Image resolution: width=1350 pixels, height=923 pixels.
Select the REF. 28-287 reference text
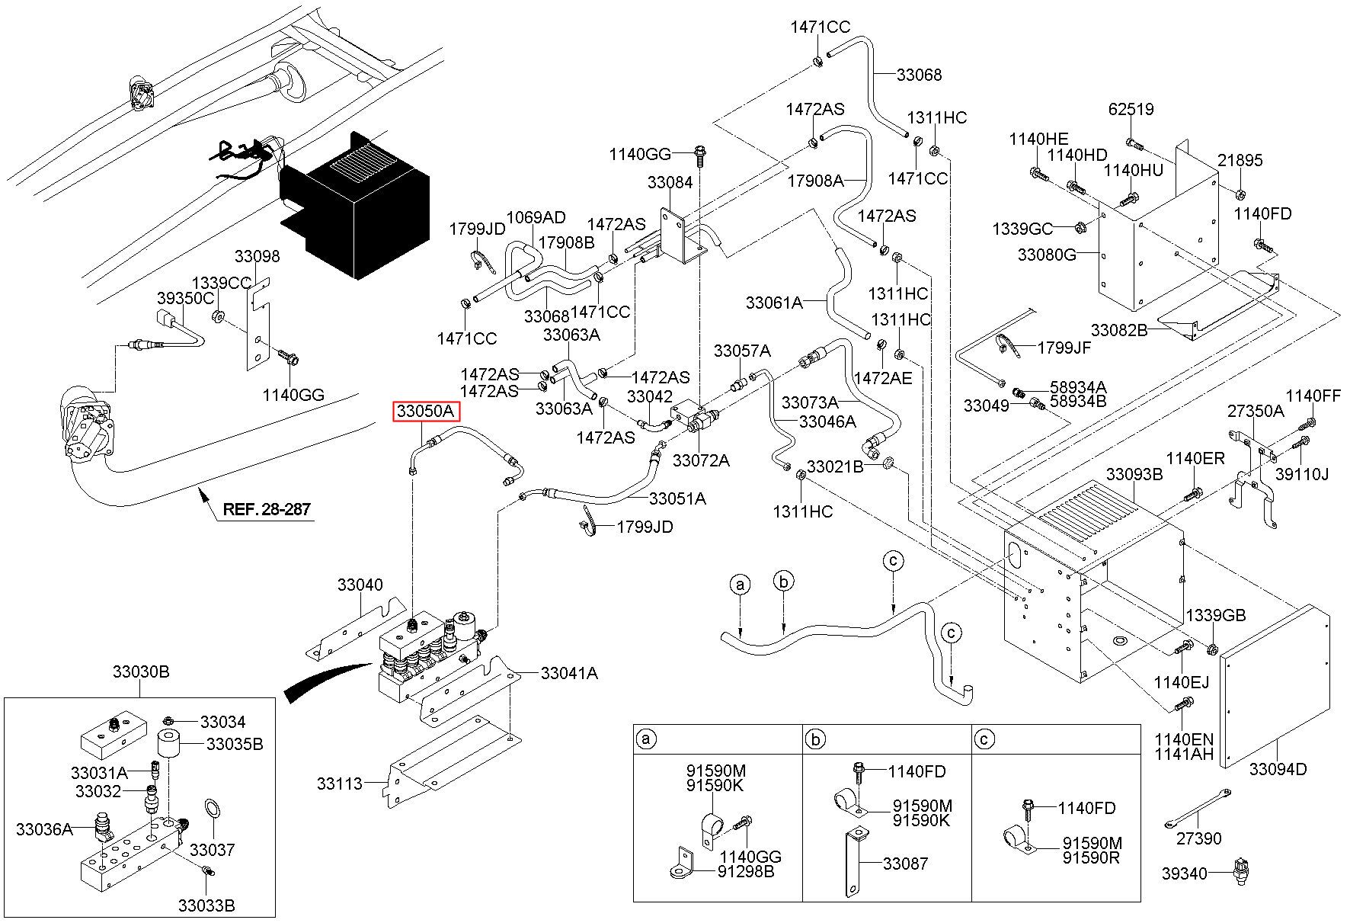pyautogui.click(x=267, y=509)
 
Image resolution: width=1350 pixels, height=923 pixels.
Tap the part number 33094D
pyautogui.click(x=1278, y=770)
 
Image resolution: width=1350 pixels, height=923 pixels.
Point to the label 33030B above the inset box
pyautogui.click(x=141, y=672)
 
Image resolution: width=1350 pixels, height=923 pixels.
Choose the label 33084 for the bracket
pyautogui.click(x=670, y=183)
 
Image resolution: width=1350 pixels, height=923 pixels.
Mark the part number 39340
pyautogui.click(x=1185, y=873)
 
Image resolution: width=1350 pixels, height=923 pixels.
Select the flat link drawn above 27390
pyautogui.click(x=1198, y=809)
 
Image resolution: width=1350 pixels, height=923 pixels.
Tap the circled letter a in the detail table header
pyautogui.click(x=647, y=739)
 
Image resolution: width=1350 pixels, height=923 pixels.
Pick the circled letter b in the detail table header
pyautogui.click(x=816, y=739)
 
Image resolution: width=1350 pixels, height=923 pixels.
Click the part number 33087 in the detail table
pyautogui.click(x=906, y=864)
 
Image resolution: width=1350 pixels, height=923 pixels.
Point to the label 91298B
pyautogui.click(x=746, y=871)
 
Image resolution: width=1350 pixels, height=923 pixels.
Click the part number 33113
pyautogui.click(x=340, y=783)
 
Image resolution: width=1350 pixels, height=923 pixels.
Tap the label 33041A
pyautogui.click(x=569, y=674)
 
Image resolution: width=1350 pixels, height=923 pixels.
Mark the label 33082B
pyautogui.click(x=1120, y=330)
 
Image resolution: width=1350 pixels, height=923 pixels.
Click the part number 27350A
pyautogui.click(x=1256, y=412)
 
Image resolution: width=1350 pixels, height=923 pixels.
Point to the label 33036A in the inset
pyautogui.click(x=45, y=828)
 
